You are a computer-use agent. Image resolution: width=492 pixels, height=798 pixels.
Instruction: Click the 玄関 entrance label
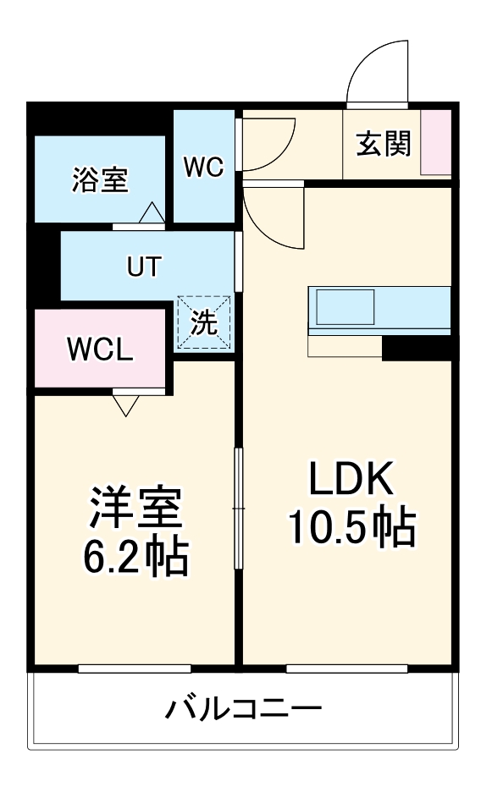pyautogui.click(x=383, y=145)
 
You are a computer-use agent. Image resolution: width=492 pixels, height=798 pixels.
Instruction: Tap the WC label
pyautogui.click(x=203, y=167)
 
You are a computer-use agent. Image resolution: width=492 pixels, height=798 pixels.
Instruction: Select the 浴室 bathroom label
pyautogui.click(x=100, y=179)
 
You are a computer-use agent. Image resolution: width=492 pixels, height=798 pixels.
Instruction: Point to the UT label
pyautogui.click(x=142, y=267)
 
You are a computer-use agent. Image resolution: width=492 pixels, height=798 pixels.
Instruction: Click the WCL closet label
pyautogui.click(x=100, y=349)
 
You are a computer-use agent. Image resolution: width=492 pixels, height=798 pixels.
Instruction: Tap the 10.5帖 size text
pyautogui.click(x=351, y=528)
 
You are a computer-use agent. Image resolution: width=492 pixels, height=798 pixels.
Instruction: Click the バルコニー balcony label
pyautogui.click(x=243, y=707)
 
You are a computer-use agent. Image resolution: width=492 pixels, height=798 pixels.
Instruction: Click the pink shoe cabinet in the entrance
pyautogui.click(x=437, y=142)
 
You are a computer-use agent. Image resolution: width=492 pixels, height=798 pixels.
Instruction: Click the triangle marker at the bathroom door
pyautogui.click(x=152, y=213)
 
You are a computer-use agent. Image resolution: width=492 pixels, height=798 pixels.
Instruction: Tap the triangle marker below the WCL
pyautogui.click(x=125, y=406)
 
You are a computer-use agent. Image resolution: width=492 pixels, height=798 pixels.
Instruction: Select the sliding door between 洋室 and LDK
pyautogui.click(x=239, y=508)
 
